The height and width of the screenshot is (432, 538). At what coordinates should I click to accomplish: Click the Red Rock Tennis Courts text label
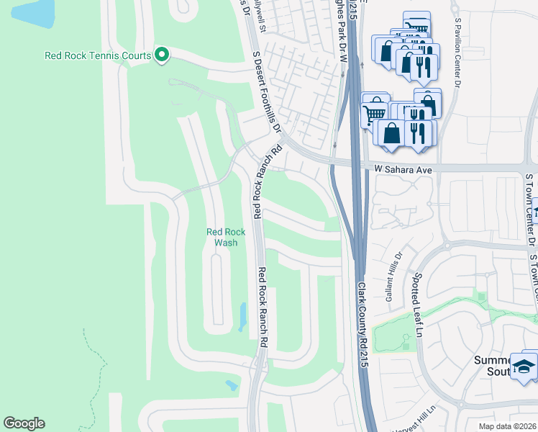98,55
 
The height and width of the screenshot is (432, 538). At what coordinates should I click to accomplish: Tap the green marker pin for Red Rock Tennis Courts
162,55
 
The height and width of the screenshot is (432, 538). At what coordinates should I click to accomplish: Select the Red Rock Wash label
226,237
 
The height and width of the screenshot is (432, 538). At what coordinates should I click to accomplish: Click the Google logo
24,423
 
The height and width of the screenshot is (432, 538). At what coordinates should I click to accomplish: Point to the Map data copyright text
508,426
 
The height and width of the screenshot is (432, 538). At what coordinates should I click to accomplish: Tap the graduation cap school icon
524,366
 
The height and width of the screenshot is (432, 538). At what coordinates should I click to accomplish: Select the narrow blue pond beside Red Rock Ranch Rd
242,316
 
